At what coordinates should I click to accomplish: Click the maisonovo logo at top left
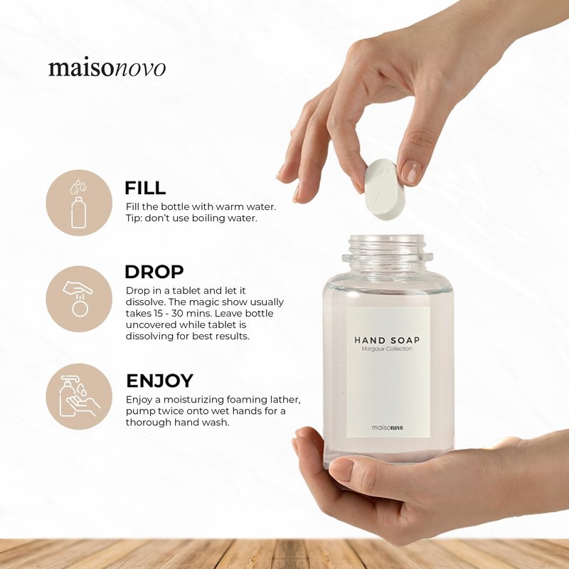tap(107, 68)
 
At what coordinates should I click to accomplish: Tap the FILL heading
tap(145, 188)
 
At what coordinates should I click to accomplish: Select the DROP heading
tap(154, 272)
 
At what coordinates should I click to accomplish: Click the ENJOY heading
tap(159, 381)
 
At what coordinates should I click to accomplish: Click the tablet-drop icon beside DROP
tap(78, 299)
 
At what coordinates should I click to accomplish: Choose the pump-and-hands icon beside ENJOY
tap(79, 396)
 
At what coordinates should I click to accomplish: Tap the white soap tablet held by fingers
tap(382, 189)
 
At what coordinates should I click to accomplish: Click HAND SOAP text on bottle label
tap(387, 341)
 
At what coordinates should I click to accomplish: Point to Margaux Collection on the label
tap(387, 349)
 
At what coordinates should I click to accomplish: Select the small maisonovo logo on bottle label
tap(387, 427)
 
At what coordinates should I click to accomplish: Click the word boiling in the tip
tap(208, 218)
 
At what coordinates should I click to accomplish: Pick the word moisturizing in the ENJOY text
tap(193, 400)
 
